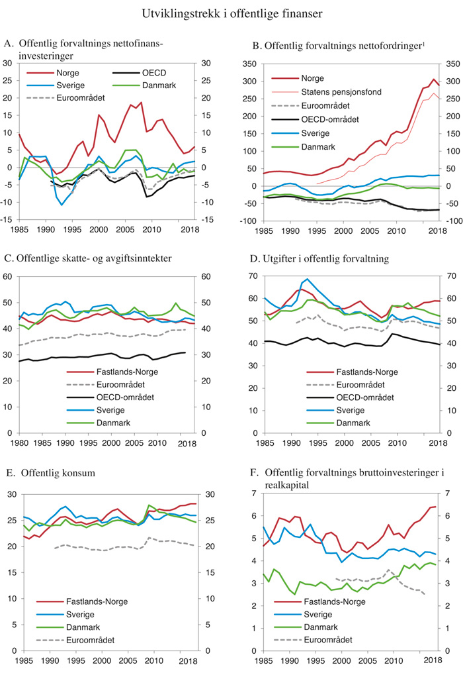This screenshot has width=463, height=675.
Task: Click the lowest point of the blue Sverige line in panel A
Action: tap(62, 205)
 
